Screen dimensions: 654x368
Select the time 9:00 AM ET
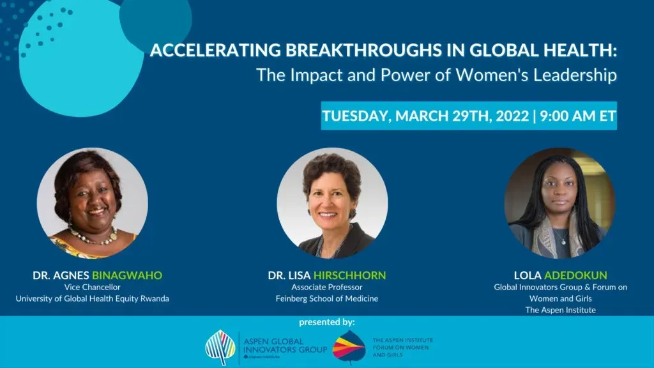pos(577,116)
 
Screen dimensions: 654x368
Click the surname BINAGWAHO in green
pos(127,275)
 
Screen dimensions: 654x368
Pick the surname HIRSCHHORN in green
pos(349,275)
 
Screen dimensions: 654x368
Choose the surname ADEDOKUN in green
pos(575,275)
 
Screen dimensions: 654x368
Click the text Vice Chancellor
pos(92,287)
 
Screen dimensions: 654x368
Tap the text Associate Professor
pos(326,287)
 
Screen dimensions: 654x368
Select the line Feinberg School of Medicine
pos(326,298)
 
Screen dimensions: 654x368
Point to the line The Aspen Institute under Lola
pos(560,310)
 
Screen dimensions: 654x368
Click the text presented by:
pos(326,322)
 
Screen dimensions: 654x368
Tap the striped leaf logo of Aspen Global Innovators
pos(220,348)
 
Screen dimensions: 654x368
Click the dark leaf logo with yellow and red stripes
pos(349,347)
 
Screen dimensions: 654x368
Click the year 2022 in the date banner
pos(512,116)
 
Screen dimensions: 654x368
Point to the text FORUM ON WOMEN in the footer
pos(400,348)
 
